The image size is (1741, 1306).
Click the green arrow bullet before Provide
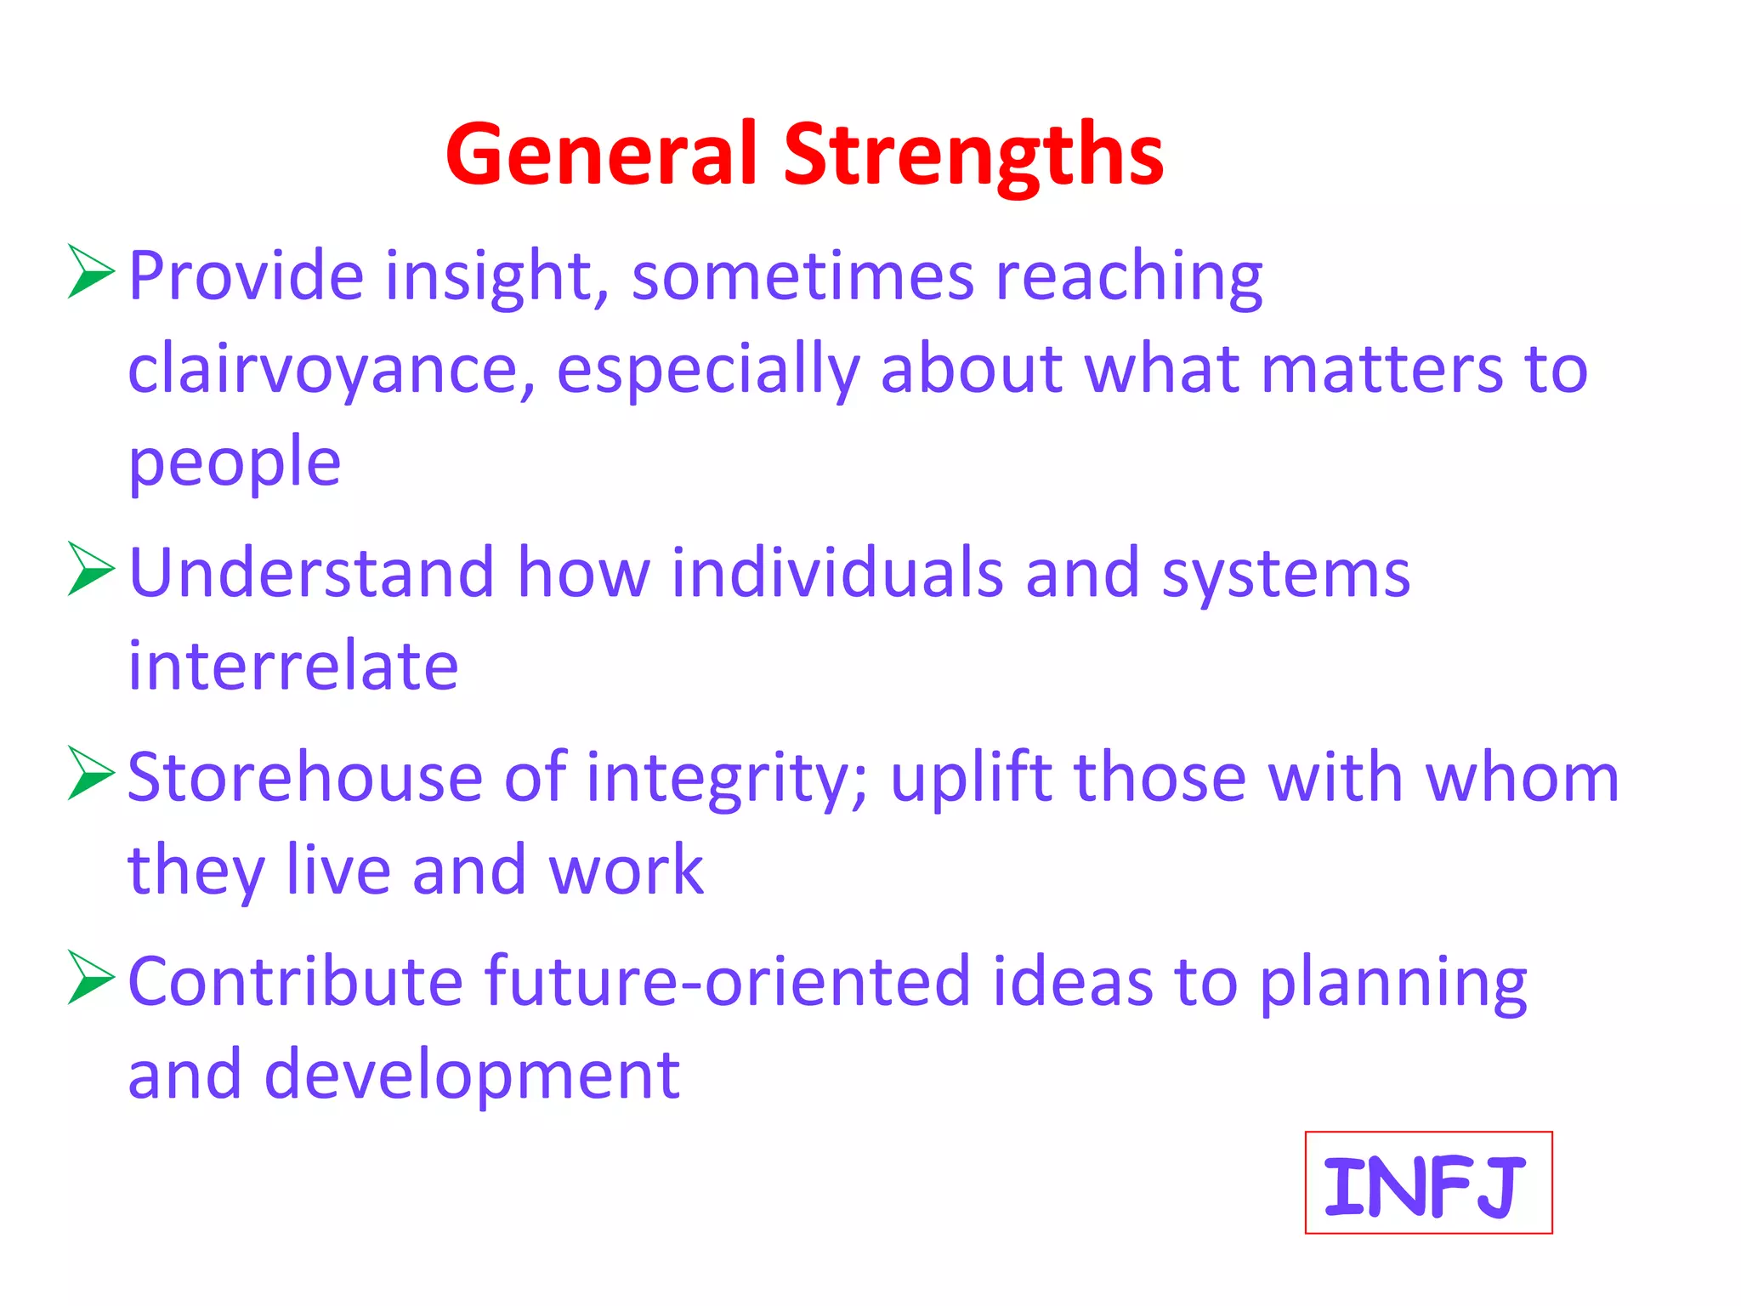tap(91, 272)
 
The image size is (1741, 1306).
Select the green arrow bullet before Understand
tap(91, 569)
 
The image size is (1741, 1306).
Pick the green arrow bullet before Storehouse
tap(91, 774)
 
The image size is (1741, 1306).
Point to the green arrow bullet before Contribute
tap(91, 978)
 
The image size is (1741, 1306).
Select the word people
tap(234, 463)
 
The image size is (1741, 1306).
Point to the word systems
tap(1285, 575)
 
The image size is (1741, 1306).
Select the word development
tap(472, 1076)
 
